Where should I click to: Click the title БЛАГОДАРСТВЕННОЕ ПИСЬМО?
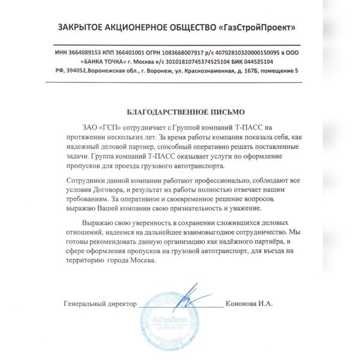click(179, 112)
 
